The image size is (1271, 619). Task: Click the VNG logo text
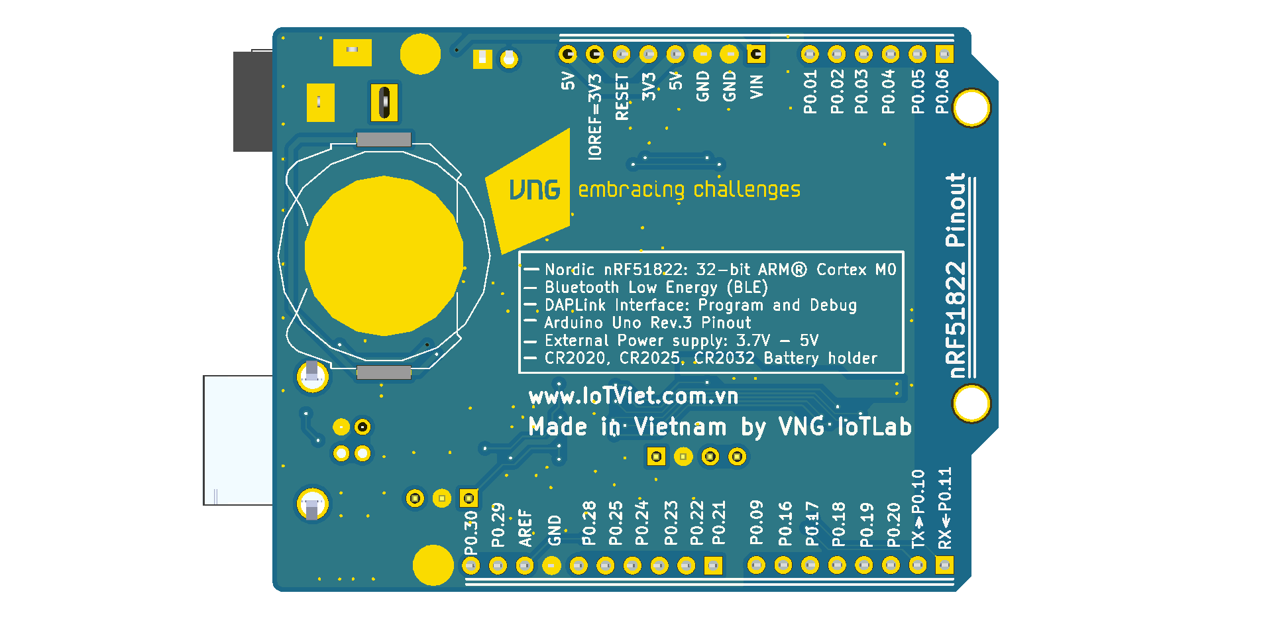[535, 190]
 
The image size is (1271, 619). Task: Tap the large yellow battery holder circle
[384, 256]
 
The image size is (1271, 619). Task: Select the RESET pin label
[622, 97]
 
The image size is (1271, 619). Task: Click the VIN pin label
[756, 87]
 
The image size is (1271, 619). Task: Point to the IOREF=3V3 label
[595, 117]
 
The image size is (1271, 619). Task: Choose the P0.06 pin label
[942, 91]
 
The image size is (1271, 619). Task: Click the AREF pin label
[525, 528]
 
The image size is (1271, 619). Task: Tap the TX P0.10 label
[918, 509]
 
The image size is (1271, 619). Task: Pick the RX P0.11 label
[945, 508]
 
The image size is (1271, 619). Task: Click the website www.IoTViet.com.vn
[634, 396]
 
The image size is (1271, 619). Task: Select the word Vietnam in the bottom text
[680, 427]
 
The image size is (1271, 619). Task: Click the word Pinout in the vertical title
[956, 210]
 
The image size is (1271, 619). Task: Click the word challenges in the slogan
[747, 190]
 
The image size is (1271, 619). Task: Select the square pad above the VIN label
[756, 54]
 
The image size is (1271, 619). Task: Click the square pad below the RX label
[944, 565]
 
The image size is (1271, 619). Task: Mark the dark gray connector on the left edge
[252, 101]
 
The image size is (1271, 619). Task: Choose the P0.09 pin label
[756, 522]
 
